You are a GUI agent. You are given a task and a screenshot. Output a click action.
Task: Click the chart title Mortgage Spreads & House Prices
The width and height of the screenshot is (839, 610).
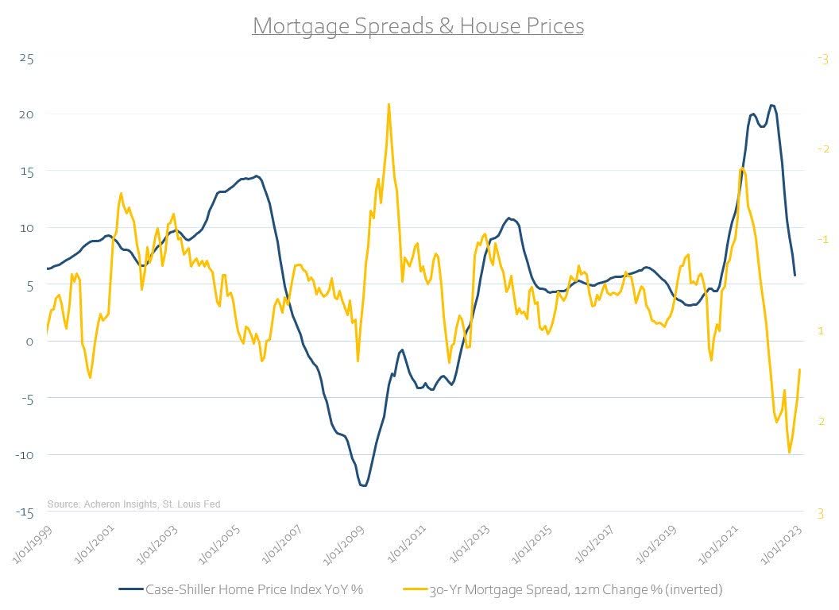pyautogui.click(x=418, y=26)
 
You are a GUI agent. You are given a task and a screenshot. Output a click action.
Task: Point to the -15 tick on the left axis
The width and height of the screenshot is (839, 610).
pyautogui.click(x=27, y=512)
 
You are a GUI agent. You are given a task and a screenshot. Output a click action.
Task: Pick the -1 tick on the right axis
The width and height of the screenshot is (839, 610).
pyautogui.click(x=822, y=240)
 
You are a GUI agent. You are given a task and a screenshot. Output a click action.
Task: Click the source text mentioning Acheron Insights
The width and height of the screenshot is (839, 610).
pyautogui.click(x=133, y=504)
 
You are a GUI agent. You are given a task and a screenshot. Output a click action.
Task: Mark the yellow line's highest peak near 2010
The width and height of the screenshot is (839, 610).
pyautogui.click(x=389, y=104)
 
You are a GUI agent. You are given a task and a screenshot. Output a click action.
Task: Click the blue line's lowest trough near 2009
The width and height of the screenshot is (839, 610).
pyautogui.click(x=364, y=485)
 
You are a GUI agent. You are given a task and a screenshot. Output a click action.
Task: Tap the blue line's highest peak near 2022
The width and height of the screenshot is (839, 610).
pyautogui.click(x=771, y=105)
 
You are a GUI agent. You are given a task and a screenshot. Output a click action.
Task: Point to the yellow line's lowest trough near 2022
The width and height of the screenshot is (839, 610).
pyautogui.click(x=789, y=453)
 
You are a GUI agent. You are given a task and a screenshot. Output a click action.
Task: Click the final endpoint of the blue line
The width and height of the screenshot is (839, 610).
pyautogui.click(x=795, y=276)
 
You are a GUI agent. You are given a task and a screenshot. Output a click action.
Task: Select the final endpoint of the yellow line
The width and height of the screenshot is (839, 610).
pyautogui.click(x=799, y=369)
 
